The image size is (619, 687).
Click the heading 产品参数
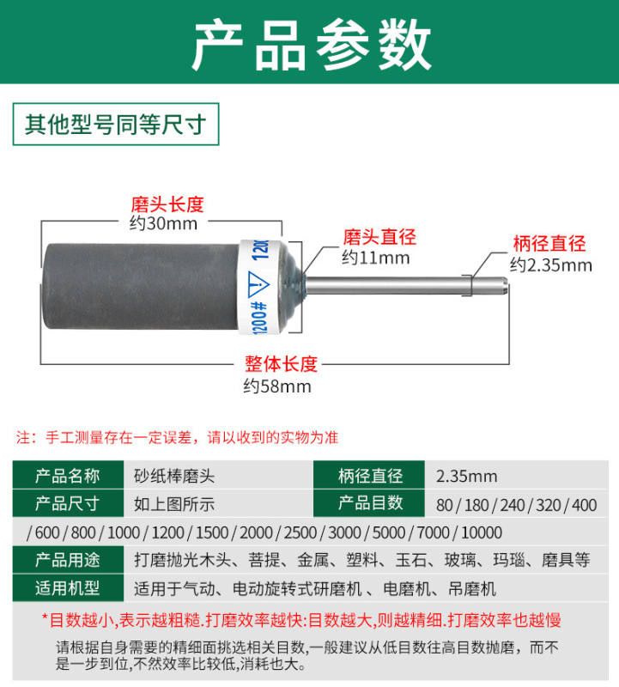pyautogui.click(x=310, y=43)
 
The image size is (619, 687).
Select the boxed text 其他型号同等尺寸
pyautogui.click(x=116, y=125)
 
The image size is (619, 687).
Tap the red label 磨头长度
pyautogui.click(x=167, y=204)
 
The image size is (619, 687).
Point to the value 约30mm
pyautogui.click(x=163, y=224)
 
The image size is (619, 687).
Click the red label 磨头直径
pyautogui.click(x=379, y=237)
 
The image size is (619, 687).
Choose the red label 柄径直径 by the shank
pyautogui.click(x=549, y=244)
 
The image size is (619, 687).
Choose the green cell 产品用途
pyautogui.click(x=68, y=561)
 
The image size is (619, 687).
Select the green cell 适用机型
pyautogui.click(x=68, y=589)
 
